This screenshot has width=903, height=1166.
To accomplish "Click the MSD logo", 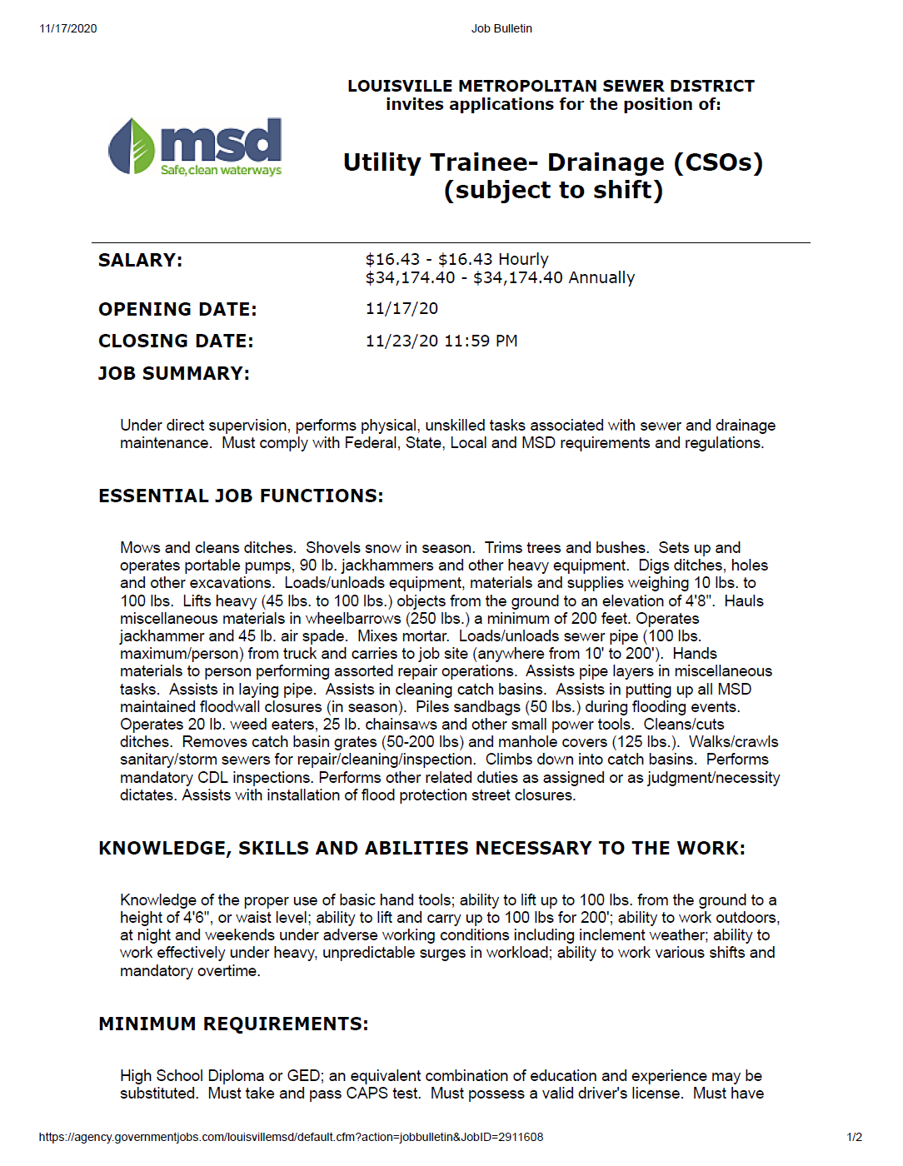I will pos(196,147).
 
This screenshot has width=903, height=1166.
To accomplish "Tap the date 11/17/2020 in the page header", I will pos(68,28).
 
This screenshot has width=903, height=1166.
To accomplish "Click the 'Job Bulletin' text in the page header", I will pos(501,28).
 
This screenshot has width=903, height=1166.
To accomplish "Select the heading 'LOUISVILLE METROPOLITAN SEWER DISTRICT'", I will pos(551,86).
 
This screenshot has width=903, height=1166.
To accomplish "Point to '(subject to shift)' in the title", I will pos(553,190).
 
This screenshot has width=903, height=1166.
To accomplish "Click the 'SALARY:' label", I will pos(140,260).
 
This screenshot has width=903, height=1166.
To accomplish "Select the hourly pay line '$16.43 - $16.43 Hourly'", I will pos(456,259).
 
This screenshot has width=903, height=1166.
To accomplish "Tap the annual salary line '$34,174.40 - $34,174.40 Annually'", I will pos(500,277).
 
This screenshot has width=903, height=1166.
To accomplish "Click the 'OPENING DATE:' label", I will pos(177,309).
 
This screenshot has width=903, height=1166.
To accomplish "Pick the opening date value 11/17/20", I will pos(402,308).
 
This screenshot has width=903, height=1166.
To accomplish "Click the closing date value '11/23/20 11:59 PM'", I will pos(442,341).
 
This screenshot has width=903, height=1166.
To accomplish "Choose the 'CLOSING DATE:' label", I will pos(176,341).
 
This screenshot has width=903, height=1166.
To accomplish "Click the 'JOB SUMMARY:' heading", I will pos(174,373).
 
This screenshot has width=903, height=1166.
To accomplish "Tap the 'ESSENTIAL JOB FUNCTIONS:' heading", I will pos(241,496).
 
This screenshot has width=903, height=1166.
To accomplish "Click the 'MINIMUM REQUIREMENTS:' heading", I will pos(233,1024).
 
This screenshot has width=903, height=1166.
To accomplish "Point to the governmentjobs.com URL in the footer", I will pos(291,1137).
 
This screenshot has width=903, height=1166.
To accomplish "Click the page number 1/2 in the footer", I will pos(854,1137).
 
